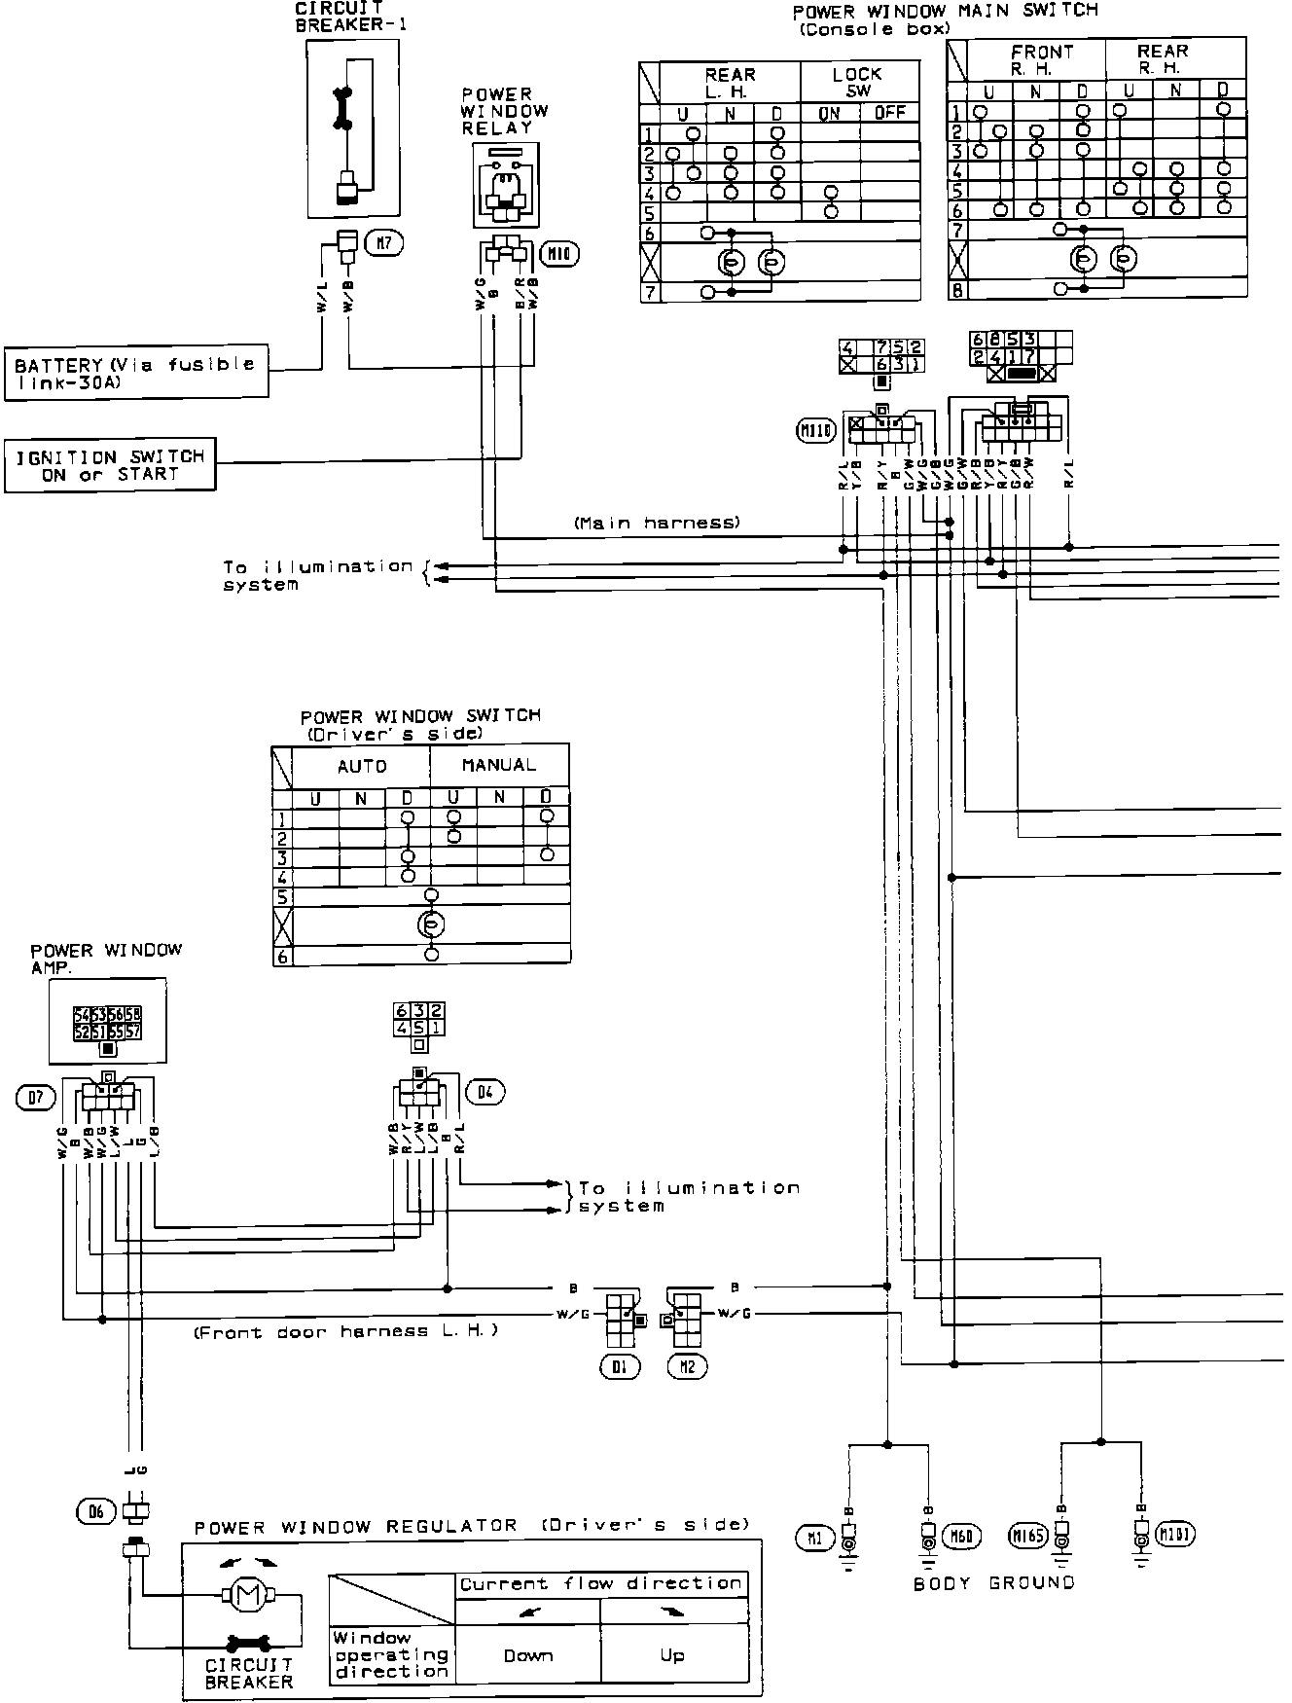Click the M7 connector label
pos(386,242)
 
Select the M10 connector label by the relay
pos(560,255)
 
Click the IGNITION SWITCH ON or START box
pos(110,465)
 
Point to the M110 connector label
pos(816,429)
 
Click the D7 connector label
pos(36,1099)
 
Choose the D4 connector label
pos(485,1093)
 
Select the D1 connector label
pos(620,1367)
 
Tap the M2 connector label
pos(687,1367)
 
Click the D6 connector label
pos(94,1510)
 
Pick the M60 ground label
pos(965,1537)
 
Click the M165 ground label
pos(1028,1538)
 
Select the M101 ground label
pos(1175,1536)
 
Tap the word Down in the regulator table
pos(528,1655)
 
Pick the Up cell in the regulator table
pos(672,1655)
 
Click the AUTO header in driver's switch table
pos(362,767)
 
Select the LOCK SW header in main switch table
pos(858,82)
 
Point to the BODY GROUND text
pos(994,1583)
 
